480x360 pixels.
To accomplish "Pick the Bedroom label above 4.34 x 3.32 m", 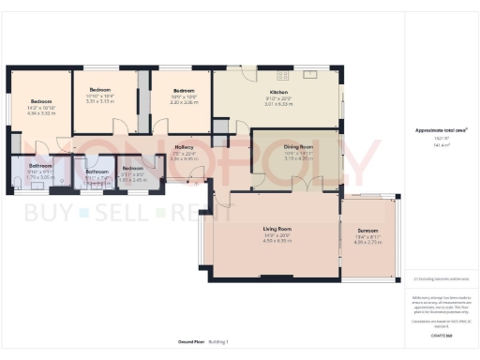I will click(x=40, y=101).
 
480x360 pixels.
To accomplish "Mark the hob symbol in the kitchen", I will click(x=311, y=75).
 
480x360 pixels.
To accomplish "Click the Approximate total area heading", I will click(x=440, y=130).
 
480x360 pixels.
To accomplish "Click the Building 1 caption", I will click(x=218, y=341).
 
